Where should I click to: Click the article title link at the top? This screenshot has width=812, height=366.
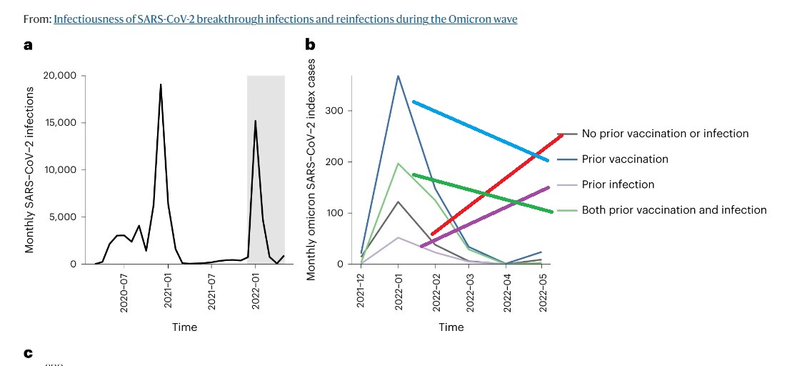coord(285,19)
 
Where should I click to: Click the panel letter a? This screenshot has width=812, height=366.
coord(28,45)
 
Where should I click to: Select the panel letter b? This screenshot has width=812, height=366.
coord(310,45)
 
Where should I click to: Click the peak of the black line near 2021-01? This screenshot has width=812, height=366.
coord(161,85)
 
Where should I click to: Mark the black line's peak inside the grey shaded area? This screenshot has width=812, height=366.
coord(255,122)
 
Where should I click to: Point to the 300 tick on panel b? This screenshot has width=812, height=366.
coord(335,111)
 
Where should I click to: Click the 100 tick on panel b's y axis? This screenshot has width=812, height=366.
coord(335,213)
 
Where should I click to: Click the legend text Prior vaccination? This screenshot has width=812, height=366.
coord(625,159)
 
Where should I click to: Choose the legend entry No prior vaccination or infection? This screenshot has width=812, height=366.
coord(665,134)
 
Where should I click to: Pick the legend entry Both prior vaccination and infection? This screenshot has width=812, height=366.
coord(674,210)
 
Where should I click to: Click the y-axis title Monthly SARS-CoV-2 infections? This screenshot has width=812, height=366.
coord(30,169)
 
